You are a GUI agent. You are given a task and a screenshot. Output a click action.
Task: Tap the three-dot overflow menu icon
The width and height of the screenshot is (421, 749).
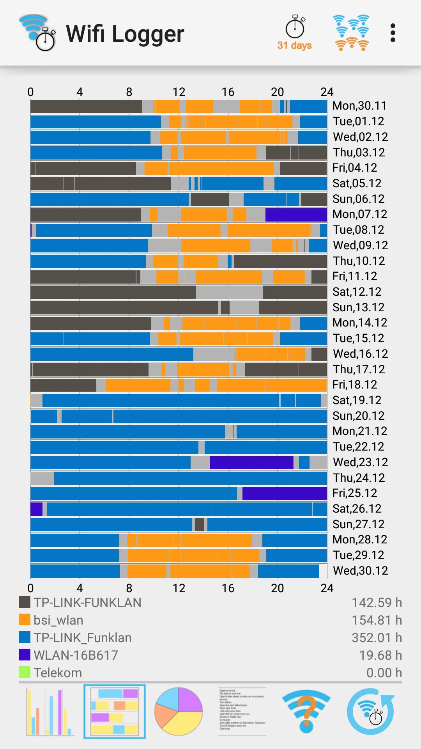coord(393,33)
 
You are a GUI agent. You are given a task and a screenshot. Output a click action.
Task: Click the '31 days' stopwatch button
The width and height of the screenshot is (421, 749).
coord(295,33)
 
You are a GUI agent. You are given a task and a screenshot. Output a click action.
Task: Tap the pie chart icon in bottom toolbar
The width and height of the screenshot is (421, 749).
coord(179,711)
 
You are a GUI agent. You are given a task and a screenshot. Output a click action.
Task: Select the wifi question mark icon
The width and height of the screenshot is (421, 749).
coord(306,711)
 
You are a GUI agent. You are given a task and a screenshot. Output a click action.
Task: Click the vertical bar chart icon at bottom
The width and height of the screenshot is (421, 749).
coord(50,711)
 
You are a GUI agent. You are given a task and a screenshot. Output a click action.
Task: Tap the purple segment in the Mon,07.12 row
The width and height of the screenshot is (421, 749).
coord(296,215)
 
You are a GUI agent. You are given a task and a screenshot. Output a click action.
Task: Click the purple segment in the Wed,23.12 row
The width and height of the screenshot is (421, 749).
coord(251,462)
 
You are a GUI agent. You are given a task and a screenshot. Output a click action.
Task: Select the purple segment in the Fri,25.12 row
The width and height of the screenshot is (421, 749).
coord(285,493)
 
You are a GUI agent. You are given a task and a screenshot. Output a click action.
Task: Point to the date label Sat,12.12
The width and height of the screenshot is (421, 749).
coord(357,292)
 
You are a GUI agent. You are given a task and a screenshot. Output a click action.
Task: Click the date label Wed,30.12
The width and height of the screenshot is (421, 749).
coord(360,570)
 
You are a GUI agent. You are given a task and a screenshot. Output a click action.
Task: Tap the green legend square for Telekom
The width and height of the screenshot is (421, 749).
coord(25,673)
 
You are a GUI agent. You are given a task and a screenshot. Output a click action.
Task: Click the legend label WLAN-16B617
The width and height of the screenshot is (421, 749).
coord(76,655)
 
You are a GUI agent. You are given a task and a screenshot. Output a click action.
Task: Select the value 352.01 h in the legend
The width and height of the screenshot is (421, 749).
coord(377,638)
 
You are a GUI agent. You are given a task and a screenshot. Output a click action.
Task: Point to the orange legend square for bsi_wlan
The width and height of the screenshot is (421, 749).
coord(25,620)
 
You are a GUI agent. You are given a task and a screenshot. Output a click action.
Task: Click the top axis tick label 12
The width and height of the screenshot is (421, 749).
coord(179,92)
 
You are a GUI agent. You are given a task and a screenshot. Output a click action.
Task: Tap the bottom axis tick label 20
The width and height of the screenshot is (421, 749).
coord(277,588)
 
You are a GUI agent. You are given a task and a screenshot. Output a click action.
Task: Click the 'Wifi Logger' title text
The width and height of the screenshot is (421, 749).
coord(125,34)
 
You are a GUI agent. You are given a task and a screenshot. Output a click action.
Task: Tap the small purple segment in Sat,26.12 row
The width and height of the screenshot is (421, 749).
coord(36,509)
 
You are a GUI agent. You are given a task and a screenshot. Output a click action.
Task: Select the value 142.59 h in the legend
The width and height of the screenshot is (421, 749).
coord(377,603)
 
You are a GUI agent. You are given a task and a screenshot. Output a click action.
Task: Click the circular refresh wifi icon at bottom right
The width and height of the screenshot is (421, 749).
coord(370,711)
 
